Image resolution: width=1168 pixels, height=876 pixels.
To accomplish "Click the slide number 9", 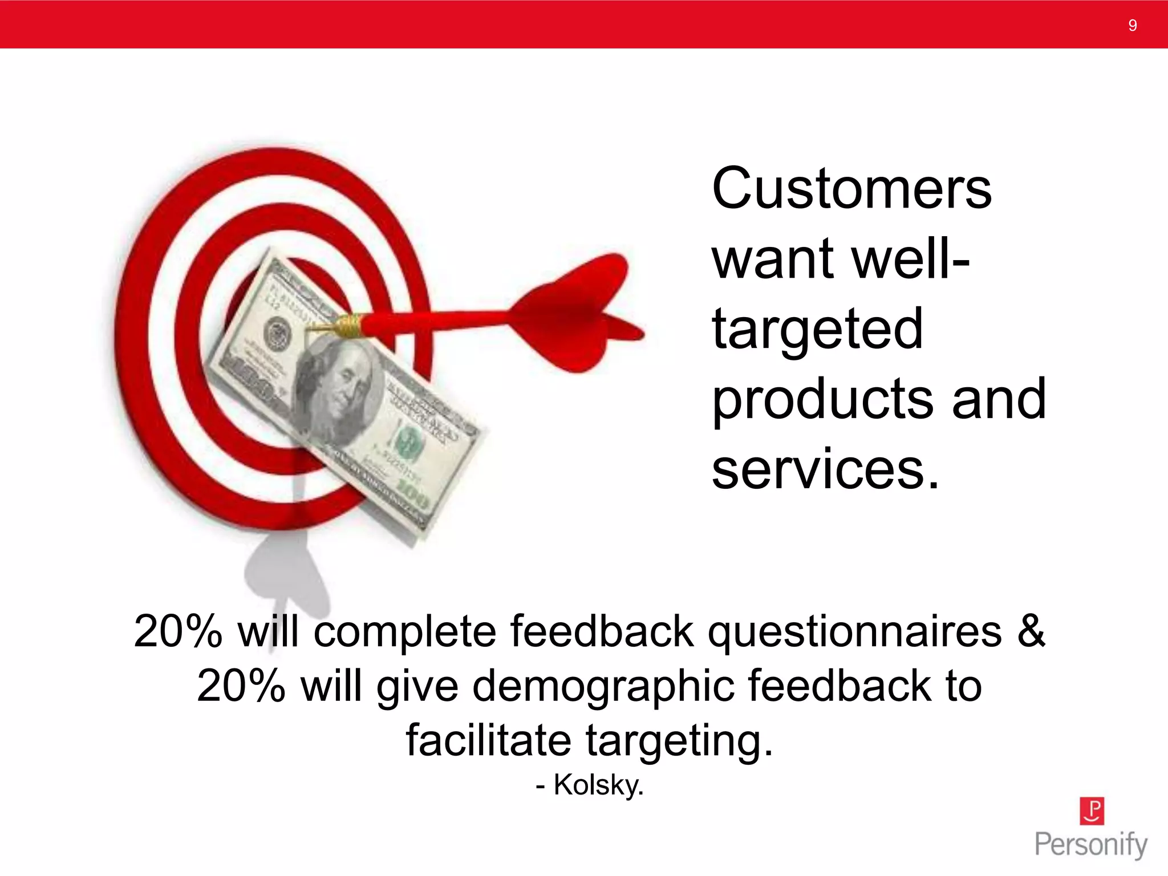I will [x=1132, y=25].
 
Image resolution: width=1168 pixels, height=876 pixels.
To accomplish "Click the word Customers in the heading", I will [x=851, y=188].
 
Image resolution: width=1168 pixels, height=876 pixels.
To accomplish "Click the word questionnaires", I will [x=854, y=631].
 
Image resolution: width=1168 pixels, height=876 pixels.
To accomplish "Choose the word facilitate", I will [x=488, y=740].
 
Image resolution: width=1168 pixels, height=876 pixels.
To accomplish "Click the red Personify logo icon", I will [x=1092, y=811].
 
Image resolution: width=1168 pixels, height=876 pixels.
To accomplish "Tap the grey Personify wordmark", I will [x=1090, y=845].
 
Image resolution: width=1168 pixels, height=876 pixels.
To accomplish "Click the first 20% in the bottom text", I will [x=177, y=631].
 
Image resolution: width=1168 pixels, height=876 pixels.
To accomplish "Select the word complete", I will [x=405, y=631].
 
